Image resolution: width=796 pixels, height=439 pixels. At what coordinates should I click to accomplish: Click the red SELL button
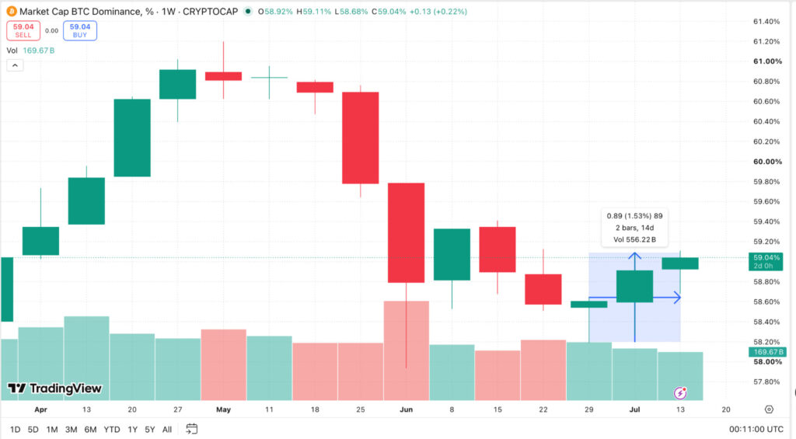coord(23,30)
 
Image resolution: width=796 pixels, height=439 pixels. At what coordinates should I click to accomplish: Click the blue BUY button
coord(80,30)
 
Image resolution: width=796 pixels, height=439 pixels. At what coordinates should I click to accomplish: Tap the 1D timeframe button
coord(16,430)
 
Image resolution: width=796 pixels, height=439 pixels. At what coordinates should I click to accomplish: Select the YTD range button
coord(112,430)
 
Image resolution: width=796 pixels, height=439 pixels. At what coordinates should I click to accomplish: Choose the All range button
coord(166,430)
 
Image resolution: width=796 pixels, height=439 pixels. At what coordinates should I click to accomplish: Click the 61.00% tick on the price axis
coord(767,61)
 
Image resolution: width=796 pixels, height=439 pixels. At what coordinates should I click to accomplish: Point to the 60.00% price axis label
coord(767,162)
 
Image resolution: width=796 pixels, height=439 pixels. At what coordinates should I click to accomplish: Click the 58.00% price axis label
coord(767,362)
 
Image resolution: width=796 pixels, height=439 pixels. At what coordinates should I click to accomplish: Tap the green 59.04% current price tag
coord(766,261)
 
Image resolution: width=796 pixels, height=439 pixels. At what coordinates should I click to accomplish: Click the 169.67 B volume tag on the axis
coord(767,352)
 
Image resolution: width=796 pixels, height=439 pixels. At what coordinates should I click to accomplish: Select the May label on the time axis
coord(223,409)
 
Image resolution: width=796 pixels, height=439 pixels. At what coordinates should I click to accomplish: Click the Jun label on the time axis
coord(406,409)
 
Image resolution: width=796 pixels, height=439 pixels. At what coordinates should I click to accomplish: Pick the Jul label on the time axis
coord(634,409)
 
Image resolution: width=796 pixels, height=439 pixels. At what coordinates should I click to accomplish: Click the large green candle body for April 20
coord(132,138)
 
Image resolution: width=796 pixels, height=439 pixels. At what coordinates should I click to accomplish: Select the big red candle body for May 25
coord(361,138)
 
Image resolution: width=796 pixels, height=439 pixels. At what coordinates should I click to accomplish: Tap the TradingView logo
coord(55,388)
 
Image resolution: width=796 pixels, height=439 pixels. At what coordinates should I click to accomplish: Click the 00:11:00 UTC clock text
coord(756,430)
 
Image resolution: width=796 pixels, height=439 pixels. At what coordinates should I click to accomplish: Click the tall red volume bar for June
coord(406,350)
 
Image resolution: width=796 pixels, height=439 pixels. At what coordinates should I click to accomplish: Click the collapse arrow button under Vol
coord(15,65)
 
